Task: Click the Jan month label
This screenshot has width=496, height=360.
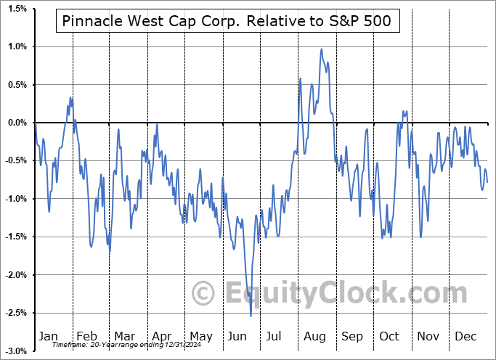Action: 48,336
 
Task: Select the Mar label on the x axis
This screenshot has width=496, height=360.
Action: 123,336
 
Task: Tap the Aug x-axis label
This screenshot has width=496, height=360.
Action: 314,336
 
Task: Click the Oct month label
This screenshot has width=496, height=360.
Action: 390,336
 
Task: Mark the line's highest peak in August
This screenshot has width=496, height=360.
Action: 321,49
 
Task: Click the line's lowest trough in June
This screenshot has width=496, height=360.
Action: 251,316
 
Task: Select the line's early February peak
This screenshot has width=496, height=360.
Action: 70,97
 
